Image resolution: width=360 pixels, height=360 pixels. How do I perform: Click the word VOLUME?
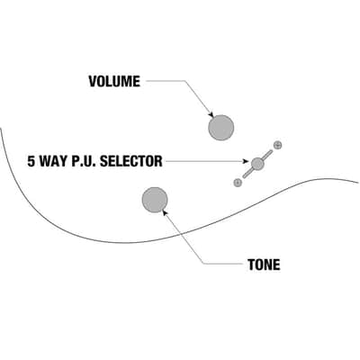[114, 81]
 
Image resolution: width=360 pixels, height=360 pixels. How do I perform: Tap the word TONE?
[264, 265]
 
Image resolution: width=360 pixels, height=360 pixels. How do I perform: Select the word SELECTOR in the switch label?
[131, 161]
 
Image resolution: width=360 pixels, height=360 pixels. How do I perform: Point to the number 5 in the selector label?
[31, 161]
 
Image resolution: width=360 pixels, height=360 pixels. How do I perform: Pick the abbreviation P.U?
[84, 161]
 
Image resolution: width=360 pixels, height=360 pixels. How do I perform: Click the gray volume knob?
[221, 128]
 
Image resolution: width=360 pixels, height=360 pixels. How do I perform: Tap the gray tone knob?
[155, 200]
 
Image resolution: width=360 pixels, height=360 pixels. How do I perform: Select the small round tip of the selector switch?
[257, 163]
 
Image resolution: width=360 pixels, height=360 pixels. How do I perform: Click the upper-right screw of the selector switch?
[278, 145]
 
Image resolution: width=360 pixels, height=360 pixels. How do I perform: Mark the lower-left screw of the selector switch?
[238, 182]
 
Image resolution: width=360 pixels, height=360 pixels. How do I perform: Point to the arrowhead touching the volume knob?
[211, 115]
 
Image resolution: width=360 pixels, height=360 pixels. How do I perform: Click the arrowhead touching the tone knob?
[164, 211]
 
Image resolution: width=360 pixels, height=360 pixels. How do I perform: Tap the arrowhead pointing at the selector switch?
[247, 161]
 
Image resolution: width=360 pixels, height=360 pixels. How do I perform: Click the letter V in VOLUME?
[93, 81]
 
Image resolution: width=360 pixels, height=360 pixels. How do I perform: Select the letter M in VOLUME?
[126, 81]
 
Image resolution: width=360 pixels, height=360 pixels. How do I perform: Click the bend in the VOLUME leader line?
[184, 81]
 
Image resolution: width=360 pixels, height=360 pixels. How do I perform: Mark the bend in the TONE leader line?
[204, 264]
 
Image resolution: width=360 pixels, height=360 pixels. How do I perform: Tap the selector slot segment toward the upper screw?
[267, 155]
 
